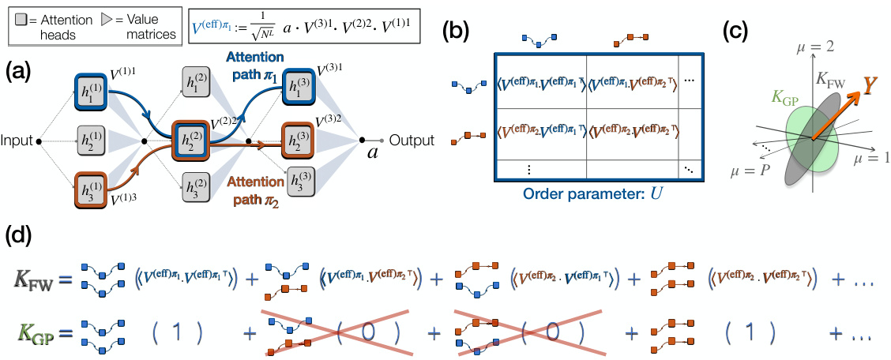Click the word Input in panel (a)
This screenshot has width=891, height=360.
click(17, 141)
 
